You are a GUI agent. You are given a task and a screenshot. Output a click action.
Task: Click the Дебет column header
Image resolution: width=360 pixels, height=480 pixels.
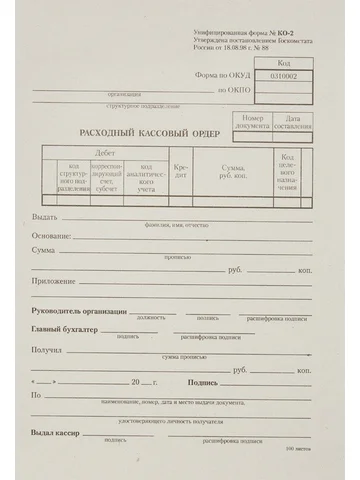pos(104,152)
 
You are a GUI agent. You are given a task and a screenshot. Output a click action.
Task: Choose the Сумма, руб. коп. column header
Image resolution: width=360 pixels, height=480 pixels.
pos(233,171)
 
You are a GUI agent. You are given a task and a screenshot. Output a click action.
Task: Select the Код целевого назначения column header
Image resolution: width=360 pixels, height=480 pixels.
pos(287,172)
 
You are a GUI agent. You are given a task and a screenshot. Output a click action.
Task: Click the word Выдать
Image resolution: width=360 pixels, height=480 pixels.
pos(44,217)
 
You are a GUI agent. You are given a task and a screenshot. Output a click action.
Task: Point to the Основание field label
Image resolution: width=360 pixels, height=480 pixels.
pos(51,235)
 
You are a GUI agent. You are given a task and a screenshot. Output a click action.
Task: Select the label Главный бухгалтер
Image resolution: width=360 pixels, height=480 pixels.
pos(64,329)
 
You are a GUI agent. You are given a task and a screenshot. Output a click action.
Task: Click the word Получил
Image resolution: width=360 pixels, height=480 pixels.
pos(47,350)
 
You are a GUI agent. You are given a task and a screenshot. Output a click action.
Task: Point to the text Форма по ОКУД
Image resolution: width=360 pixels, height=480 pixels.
pos(220,75)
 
